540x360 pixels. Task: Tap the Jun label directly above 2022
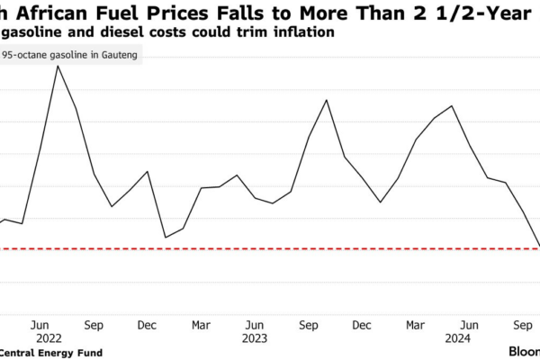point(40,324)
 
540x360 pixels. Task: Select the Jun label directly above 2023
point(255,324)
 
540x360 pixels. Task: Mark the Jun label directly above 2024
point(469,324)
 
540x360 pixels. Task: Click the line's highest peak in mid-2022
point(58,66)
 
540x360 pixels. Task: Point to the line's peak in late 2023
point(327,100)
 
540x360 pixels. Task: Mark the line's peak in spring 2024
point(452,106)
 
